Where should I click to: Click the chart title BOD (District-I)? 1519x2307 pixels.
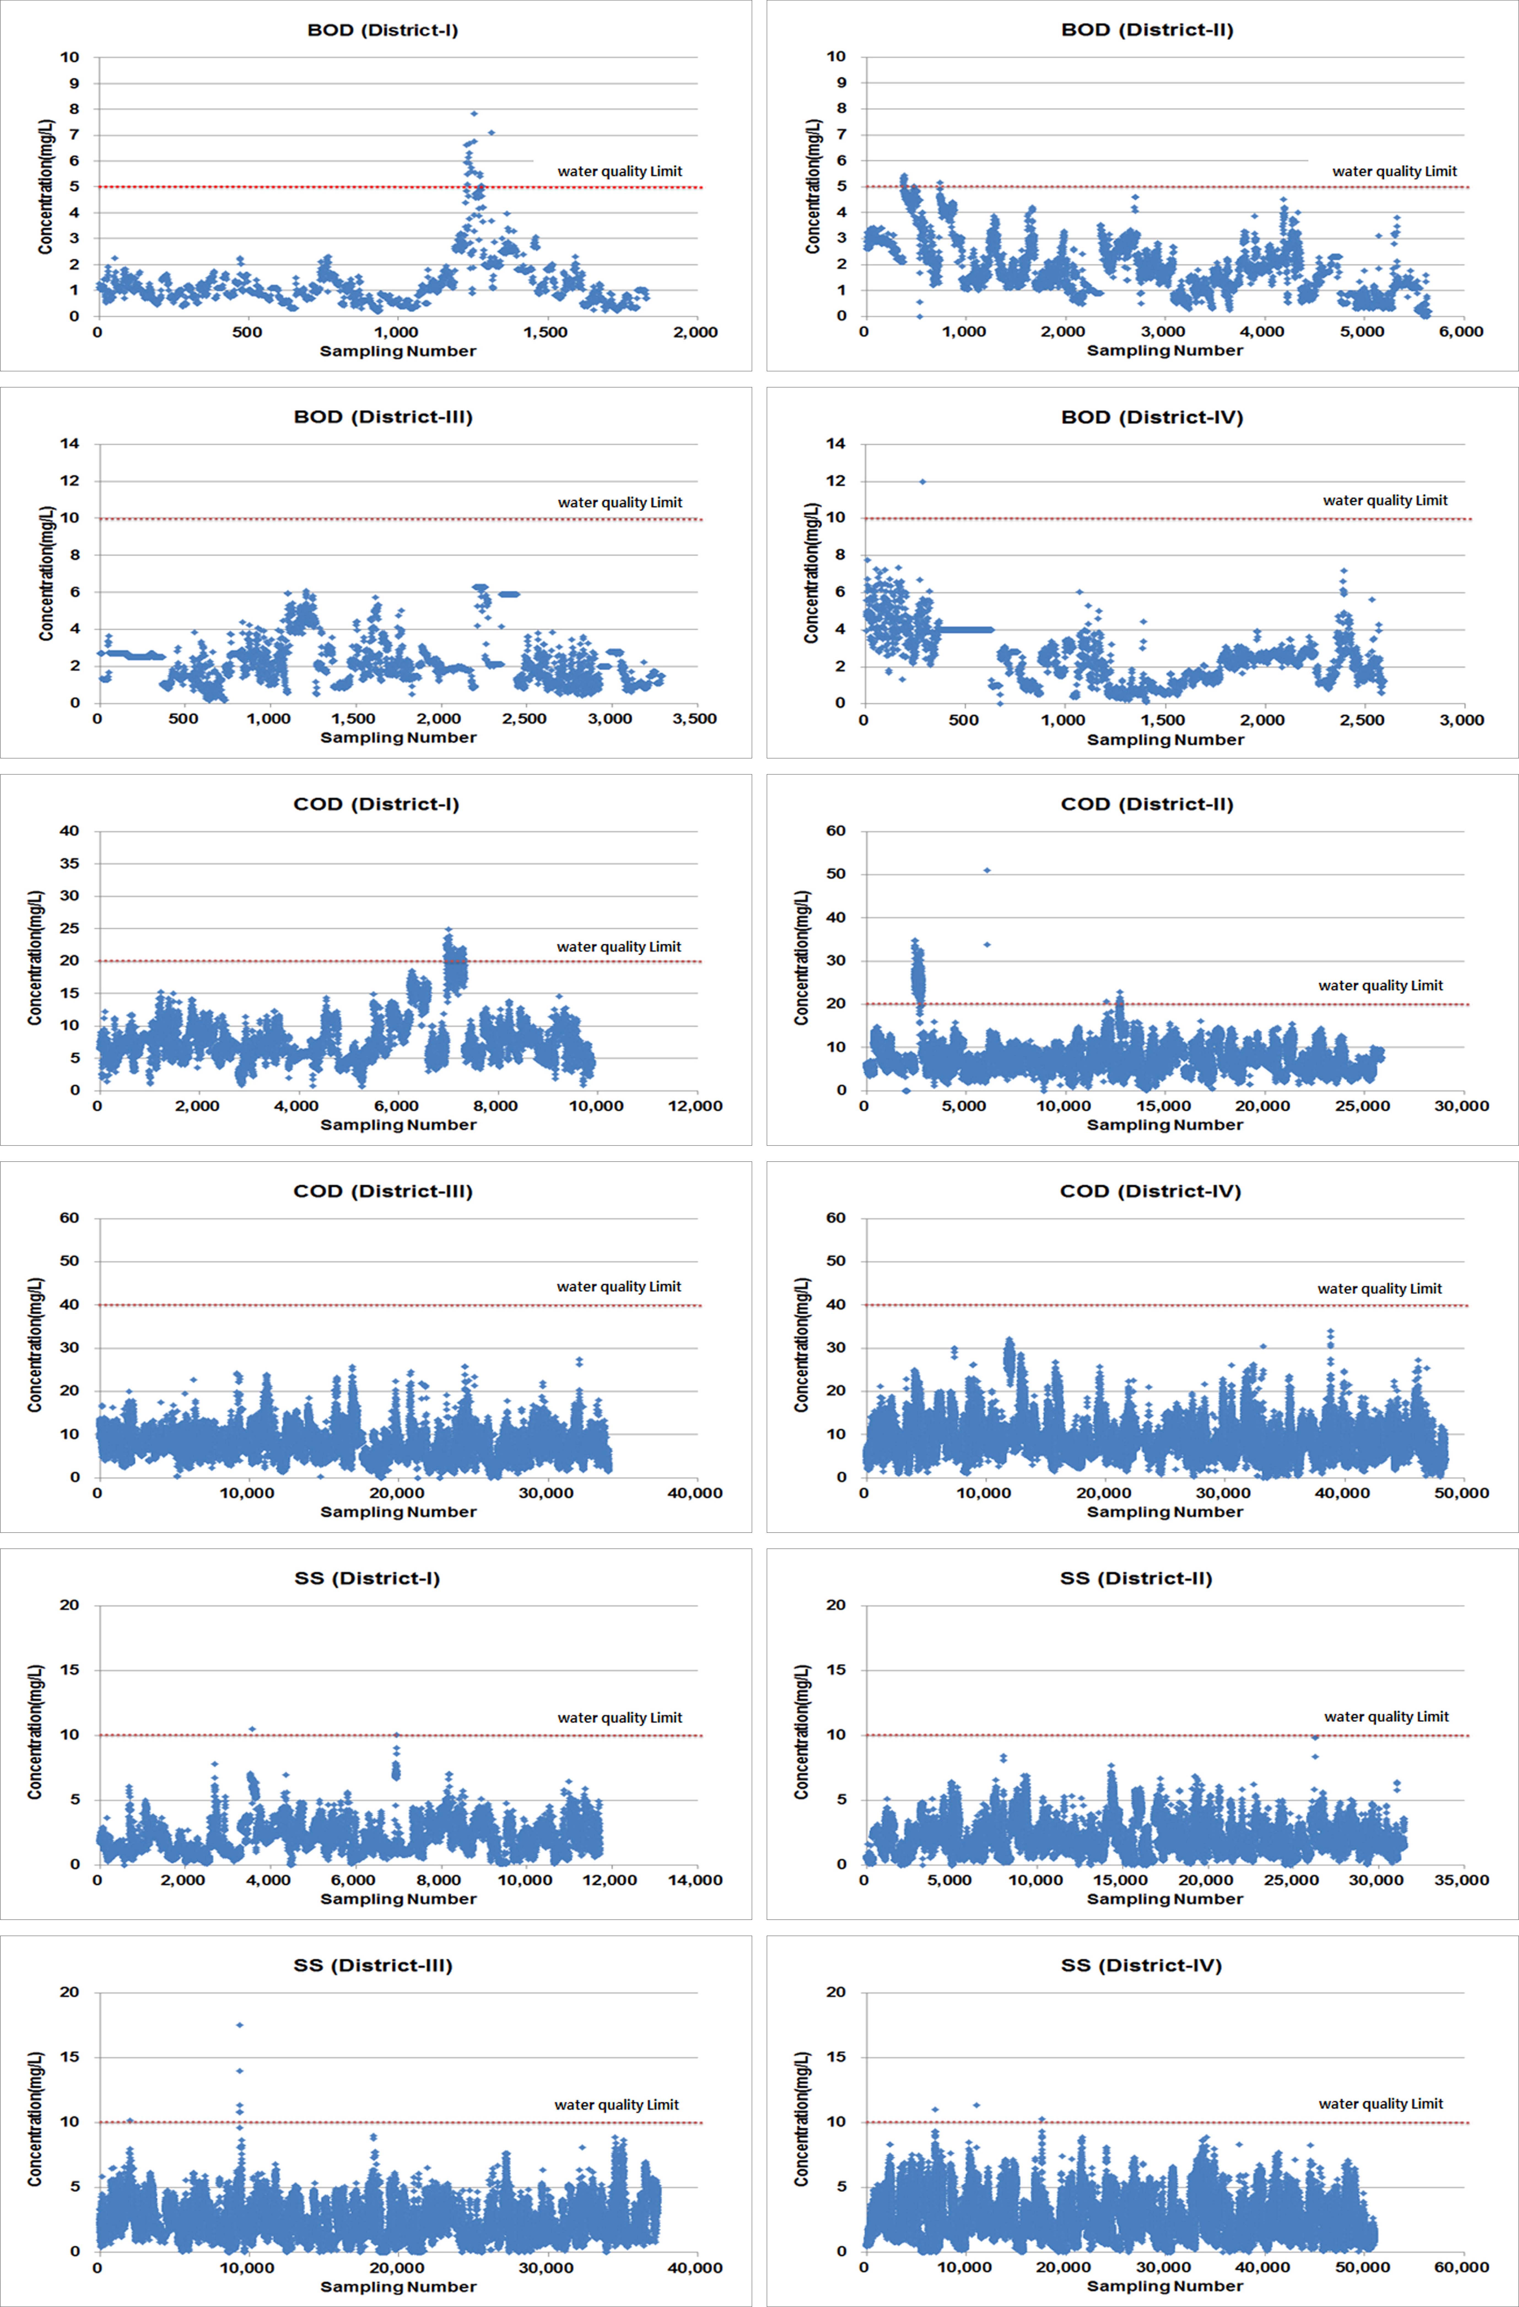[x=383, y=30]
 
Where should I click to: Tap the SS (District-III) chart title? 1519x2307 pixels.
[x=373, y=1966]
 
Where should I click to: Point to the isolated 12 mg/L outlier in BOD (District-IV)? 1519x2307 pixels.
[x=922, y=482]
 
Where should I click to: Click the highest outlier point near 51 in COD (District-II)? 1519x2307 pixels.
[x=987, y=870]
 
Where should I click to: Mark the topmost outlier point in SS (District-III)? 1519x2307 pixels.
[x=239, y=2025]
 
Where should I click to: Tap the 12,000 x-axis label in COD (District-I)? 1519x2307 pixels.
[x=695, y=1106]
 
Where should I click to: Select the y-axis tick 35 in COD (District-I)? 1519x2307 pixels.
[x=70, y=864]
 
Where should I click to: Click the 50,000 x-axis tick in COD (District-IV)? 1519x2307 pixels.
[x=1461, y=1493]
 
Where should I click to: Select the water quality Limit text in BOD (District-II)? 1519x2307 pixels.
[x=1394, y=172]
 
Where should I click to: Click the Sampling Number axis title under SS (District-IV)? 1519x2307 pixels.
[x=1164, y=2286]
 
